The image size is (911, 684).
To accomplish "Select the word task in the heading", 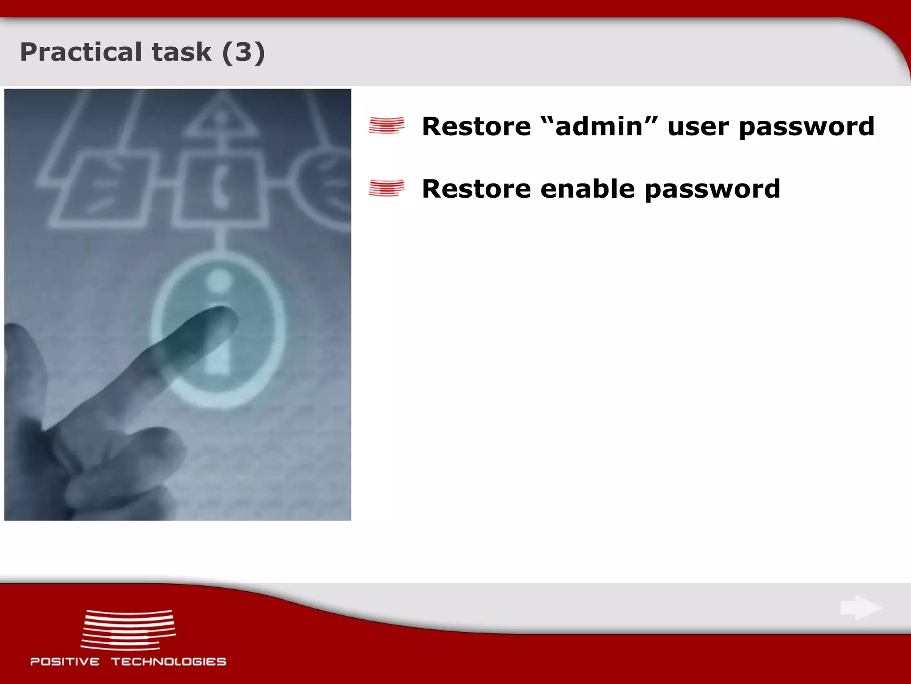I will click(181, 52).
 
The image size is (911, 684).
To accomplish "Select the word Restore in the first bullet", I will click(476, 126).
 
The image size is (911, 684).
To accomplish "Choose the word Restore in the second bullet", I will click(476, 189).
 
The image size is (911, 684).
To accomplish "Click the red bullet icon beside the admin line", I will click(387, 126).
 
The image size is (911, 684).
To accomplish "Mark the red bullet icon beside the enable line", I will click(387, 188).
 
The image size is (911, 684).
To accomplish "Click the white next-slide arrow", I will click(861, 607).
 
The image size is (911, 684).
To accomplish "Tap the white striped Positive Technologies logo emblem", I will click(128, 630).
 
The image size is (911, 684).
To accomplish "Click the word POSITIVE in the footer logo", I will click(65, 662).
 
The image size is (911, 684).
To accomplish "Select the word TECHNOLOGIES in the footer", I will click(169, 662).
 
